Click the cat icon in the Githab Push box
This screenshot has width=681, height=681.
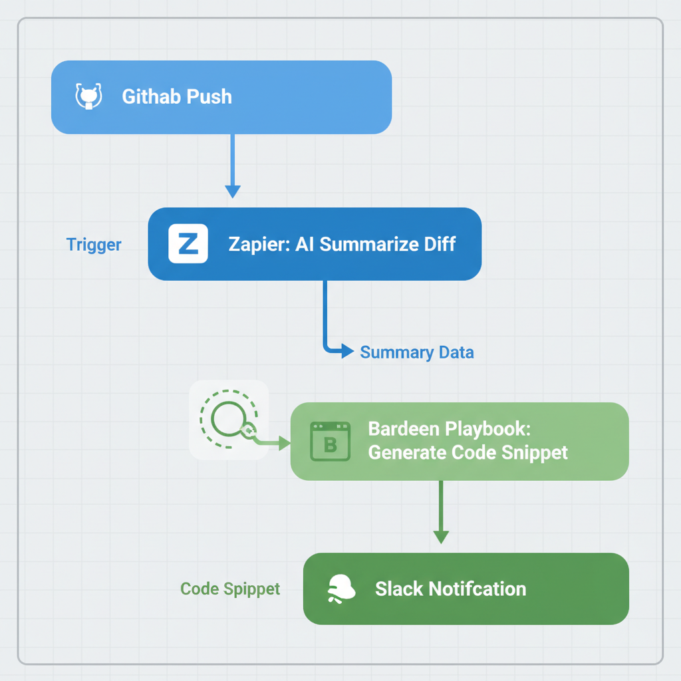88,96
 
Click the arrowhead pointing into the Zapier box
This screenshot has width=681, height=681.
232,191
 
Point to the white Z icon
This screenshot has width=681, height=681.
188,244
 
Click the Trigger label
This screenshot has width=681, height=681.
94,245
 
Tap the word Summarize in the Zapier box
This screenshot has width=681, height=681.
360,244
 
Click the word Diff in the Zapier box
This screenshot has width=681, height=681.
440,244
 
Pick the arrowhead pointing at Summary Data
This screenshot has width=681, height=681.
346,351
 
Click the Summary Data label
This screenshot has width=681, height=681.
417,352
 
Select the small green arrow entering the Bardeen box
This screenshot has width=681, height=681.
283,442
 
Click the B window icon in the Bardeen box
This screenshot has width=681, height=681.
330,441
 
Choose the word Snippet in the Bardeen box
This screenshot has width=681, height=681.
535,454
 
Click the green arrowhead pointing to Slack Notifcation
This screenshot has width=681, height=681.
440,536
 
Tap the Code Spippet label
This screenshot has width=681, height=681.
230,589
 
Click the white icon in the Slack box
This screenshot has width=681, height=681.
341,589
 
